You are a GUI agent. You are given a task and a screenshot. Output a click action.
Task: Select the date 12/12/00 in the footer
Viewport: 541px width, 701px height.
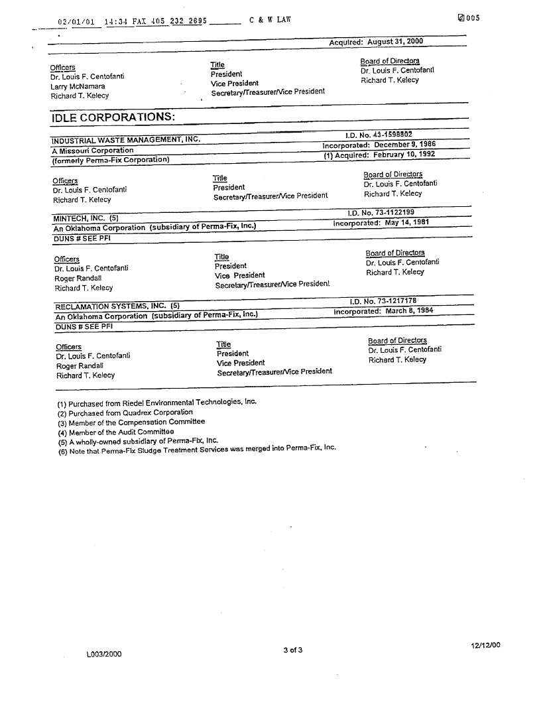(486, 645)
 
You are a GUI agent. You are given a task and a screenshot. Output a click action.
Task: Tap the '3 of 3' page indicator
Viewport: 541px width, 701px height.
(292, 650)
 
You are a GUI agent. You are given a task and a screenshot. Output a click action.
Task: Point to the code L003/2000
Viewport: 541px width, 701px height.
(104, 654)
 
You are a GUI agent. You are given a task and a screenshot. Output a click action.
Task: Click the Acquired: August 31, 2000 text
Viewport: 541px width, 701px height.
(376, 42)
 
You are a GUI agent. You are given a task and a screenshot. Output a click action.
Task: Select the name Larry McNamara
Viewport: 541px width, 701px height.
(78, 86)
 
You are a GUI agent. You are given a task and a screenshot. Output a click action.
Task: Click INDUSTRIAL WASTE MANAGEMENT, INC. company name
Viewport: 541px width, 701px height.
(126, 139)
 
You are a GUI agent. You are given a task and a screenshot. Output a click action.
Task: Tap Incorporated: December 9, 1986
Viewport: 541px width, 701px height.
(379, 145)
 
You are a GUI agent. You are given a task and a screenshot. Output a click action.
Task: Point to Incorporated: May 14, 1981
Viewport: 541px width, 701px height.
(381, 223)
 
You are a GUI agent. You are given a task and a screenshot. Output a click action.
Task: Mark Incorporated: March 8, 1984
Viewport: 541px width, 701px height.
(383, 311)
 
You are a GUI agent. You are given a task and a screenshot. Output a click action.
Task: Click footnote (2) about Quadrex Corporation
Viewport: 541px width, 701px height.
(125, 412)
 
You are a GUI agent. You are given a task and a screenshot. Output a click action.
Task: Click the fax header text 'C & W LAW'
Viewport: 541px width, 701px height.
(270, 20)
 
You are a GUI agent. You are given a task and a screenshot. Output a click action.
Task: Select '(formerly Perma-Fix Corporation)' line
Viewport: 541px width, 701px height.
(111, 160)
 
